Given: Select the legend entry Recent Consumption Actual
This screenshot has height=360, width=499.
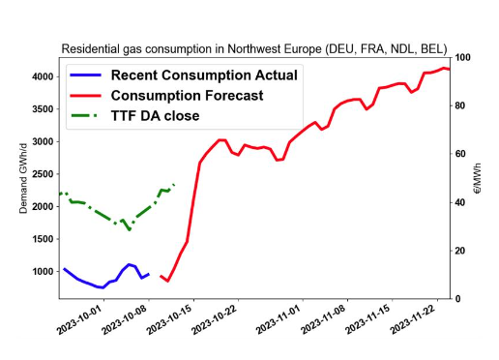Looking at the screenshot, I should coord(204,75).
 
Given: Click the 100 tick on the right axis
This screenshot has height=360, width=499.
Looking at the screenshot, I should coord(462,58).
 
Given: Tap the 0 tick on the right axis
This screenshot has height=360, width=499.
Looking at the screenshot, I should coord(457,299).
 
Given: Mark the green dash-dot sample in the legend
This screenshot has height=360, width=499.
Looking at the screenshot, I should coord(85,116).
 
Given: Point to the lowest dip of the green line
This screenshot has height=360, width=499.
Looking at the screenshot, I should coord(130,229).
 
